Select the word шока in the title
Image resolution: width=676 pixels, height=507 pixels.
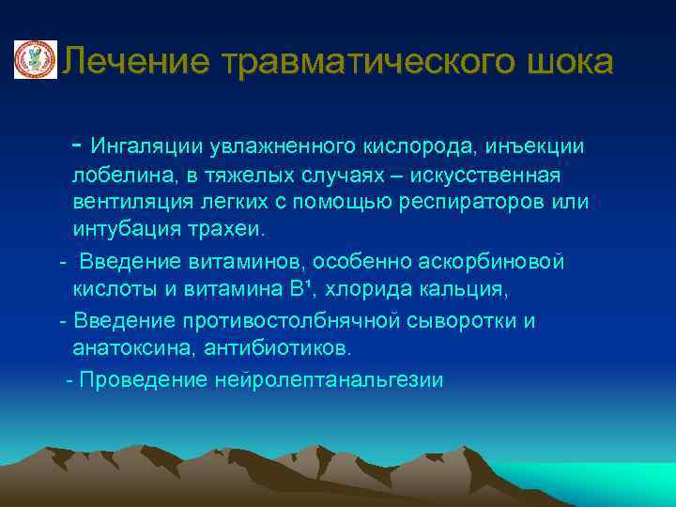[x=569, y=62]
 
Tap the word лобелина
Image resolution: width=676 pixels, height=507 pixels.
[x=114, y=176]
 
